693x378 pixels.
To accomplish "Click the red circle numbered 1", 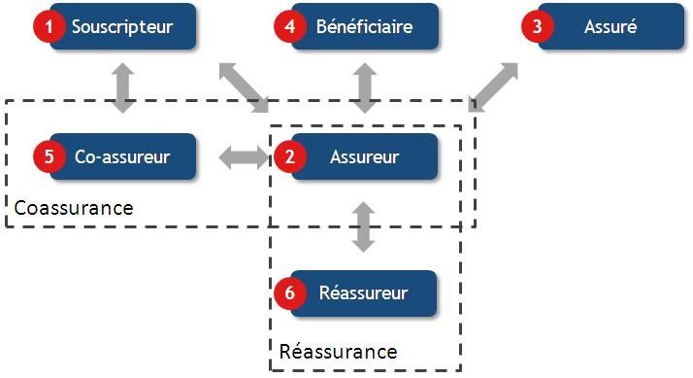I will pyautogui.click(x=49, y=26).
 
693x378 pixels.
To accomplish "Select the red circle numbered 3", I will pyautogui.click(x=538, y=26).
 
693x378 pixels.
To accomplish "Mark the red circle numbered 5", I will pyautogui.click(x=49, y=157).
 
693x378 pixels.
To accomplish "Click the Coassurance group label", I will pyautogui.click(x=74, y=208).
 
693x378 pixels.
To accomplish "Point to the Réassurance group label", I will pyautogui.click(x=338, y=351).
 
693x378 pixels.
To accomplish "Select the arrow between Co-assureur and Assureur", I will pyautogui.click(x=243, y=158).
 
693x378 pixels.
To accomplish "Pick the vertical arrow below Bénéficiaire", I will pyautogui.click(x=364, y=87).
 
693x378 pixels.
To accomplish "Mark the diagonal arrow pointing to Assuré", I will pyautogui.click(x=494, y=86).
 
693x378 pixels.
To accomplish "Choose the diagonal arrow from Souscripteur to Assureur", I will pyautogui.click(x=244, y=86).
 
